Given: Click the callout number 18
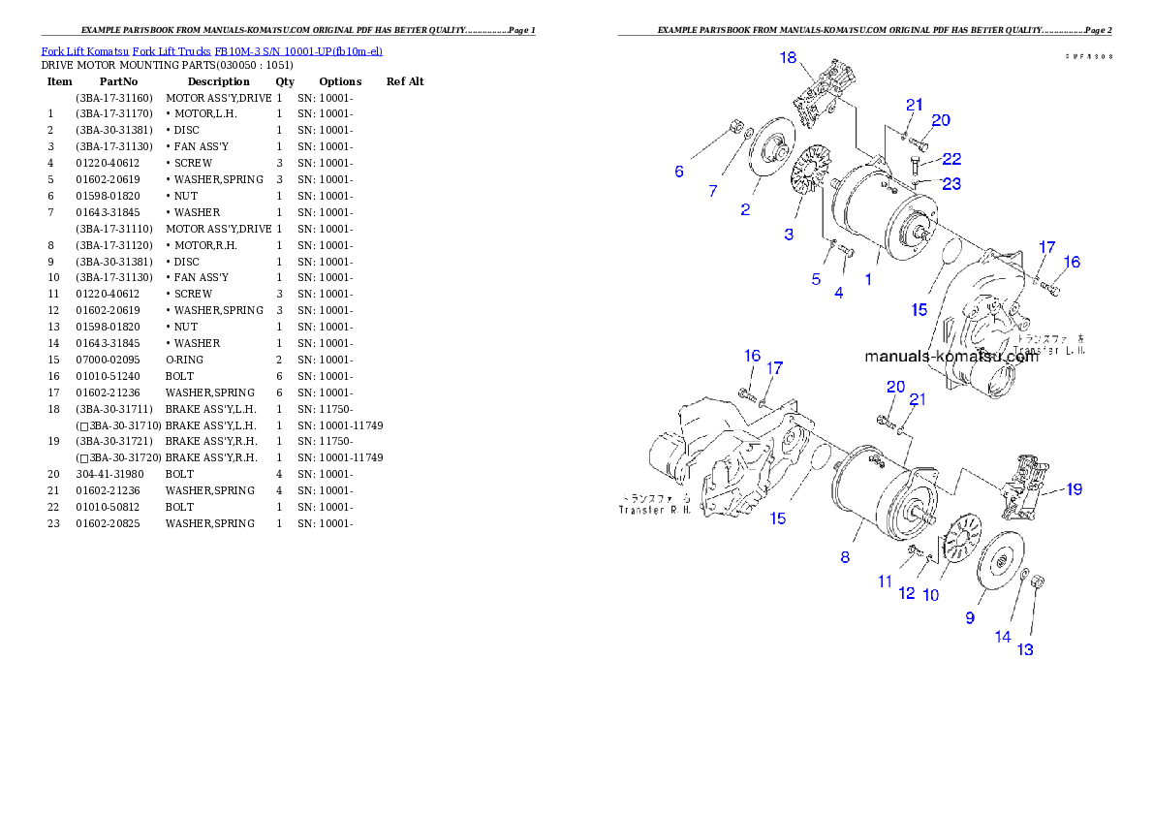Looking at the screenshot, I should click(789, 58).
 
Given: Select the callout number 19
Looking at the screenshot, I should click(1074, 489).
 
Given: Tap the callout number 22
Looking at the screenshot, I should click(951, 159).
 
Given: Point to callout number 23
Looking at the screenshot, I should click(951, 182).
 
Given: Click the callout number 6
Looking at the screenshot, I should click(679, 172).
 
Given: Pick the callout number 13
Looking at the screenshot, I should click(1025, 649).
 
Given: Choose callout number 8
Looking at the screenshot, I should click(845, 557).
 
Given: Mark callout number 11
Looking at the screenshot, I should click(885, 581).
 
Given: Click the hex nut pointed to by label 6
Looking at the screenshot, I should click(734, 127).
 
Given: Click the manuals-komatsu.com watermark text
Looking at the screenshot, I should click(950, 356).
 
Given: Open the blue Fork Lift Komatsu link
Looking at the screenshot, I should click(211, 50).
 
